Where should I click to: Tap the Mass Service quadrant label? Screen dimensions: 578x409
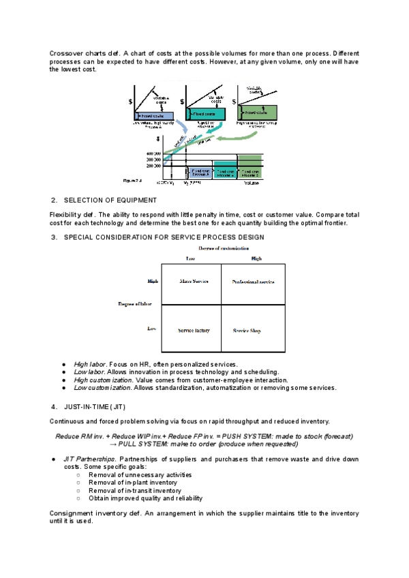[193, 281]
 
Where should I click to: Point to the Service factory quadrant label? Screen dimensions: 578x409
[194, 331]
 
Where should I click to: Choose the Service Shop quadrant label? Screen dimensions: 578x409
[247, 331]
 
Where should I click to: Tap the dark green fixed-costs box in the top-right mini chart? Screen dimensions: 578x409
[255, 112]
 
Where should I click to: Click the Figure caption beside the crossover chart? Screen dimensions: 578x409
[131, 181]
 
